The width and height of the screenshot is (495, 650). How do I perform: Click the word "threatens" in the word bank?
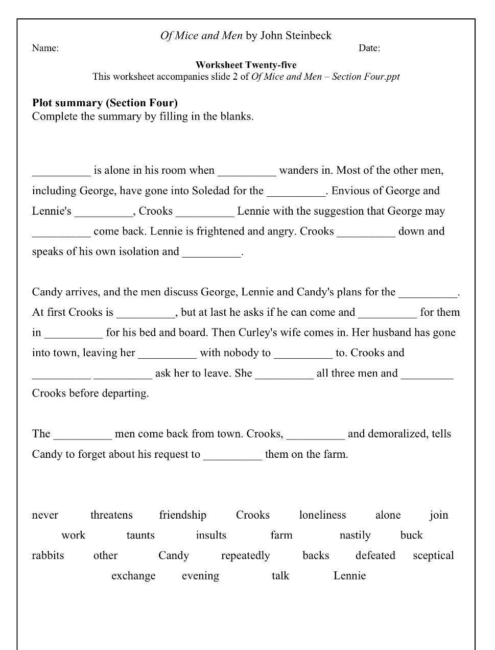point(111,515)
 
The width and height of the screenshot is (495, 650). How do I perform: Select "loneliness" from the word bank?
point(322,515)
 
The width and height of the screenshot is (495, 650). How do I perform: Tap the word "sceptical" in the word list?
point(433,555)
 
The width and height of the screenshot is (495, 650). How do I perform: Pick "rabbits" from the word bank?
point(48,555)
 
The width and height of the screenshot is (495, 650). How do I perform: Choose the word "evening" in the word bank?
point(200,576)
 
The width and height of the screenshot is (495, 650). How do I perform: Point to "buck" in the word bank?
point(411,535)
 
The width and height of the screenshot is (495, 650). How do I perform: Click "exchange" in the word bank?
point(133,576)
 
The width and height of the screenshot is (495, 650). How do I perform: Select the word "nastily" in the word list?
point(355,535)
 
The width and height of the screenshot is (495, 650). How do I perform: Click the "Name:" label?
point(45,48)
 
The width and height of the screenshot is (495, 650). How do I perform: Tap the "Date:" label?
point(369,48)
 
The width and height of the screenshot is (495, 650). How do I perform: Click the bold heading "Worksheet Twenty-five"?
point(246,65)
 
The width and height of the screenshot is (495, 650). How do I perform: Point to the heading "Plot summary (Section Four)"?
point(105,103)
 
